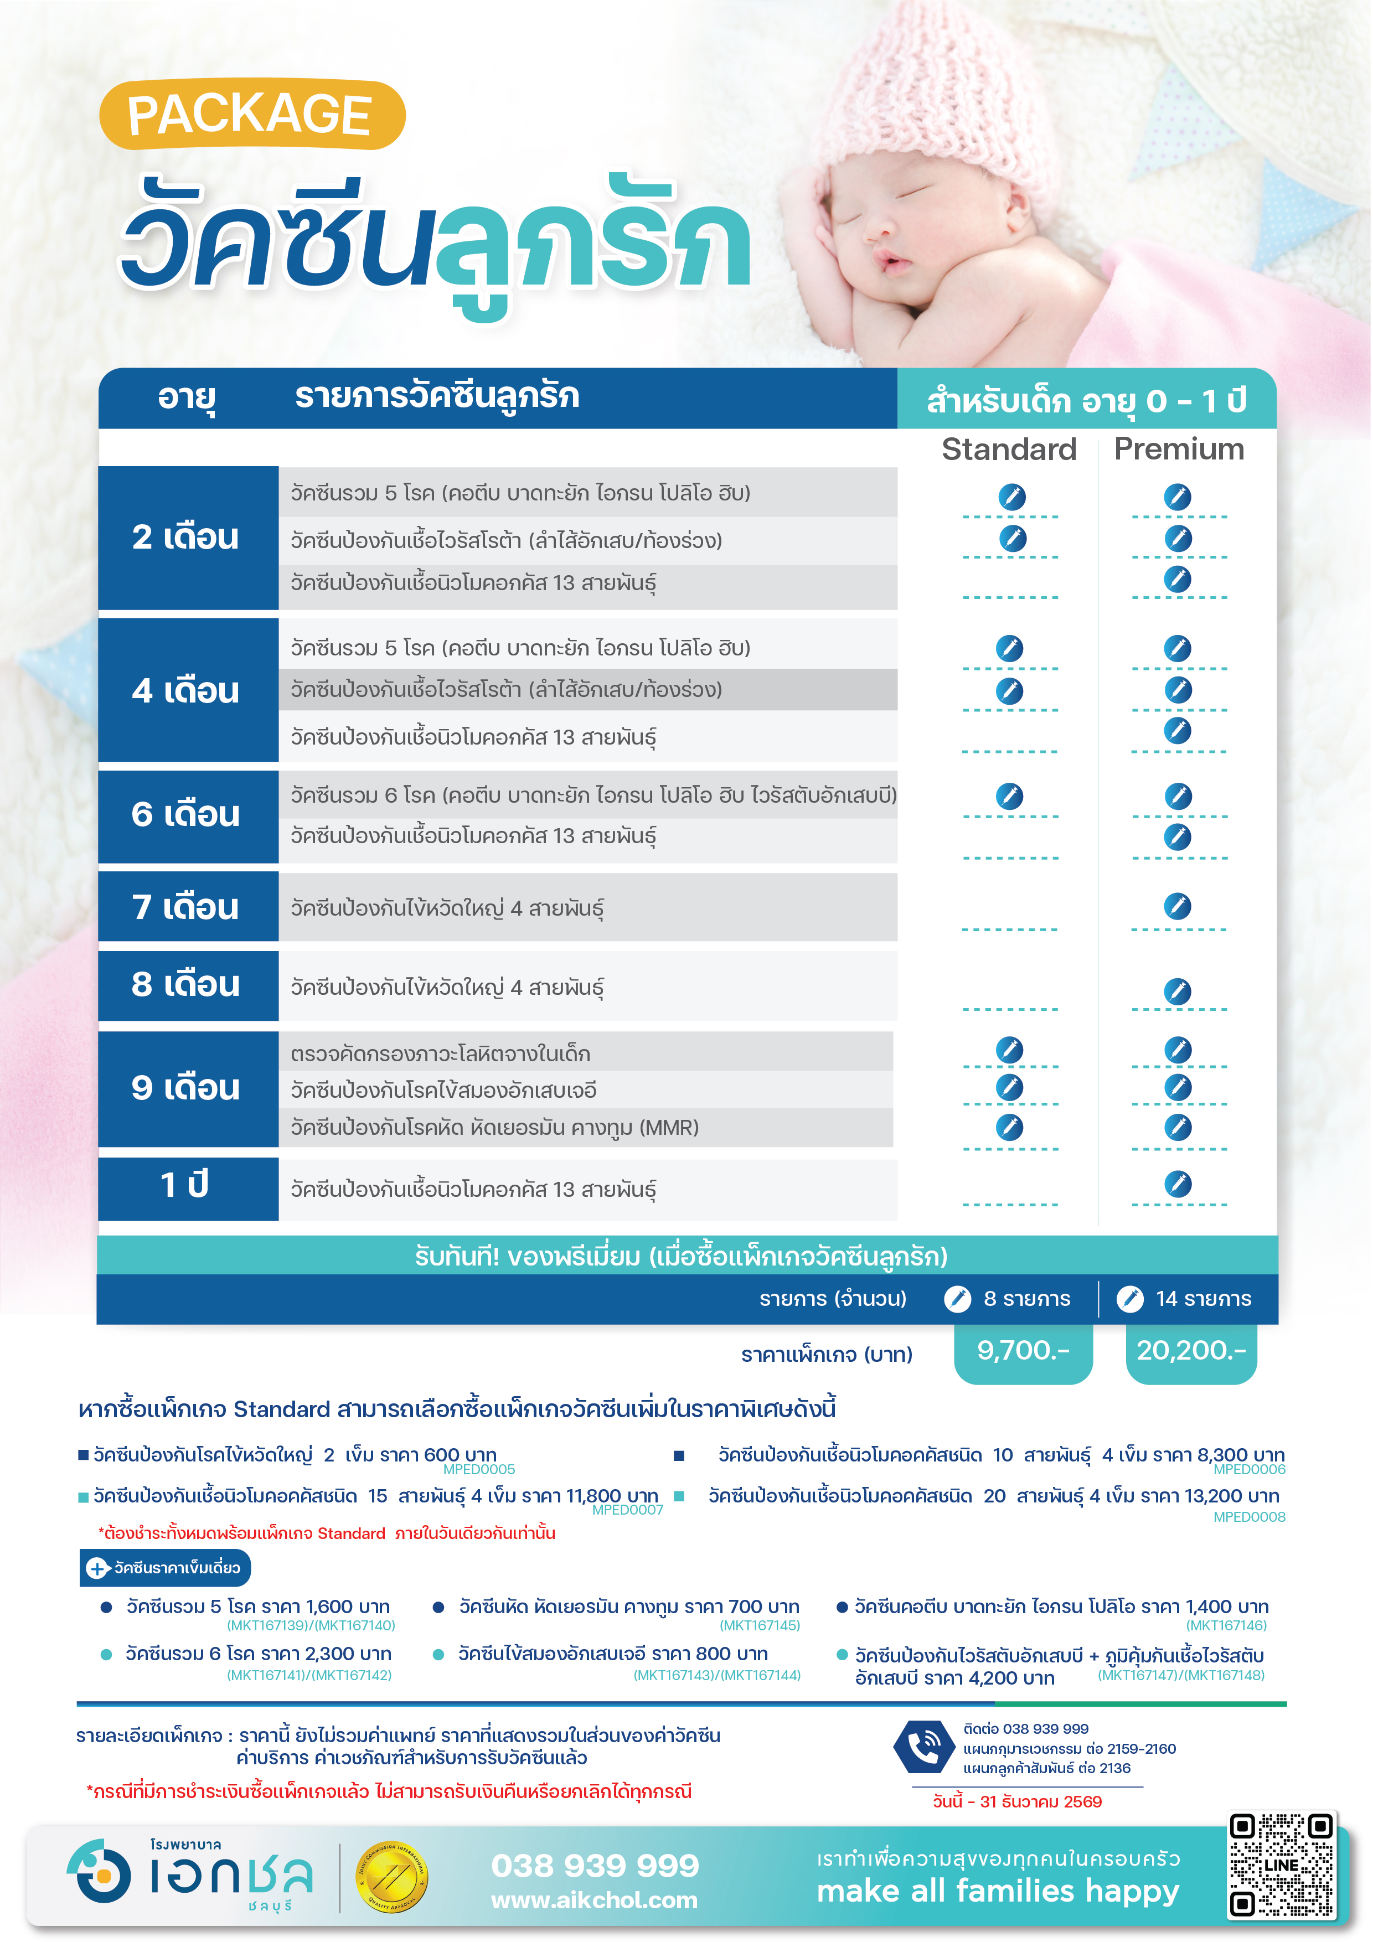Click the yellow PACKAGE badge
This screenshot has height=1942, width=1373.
point(251,114)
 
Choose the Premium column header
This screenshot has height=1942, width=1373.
point(1179,449)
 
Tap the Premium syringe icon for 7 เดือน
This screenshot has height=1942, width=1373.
point(1178,906)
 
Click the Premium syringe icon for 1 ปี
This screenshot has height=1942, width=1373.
point(1178,1183)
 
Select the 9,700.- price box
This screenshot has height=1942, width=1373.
point(1023,1351)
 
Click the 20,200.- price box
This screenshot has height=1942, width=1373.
point(1190,1351)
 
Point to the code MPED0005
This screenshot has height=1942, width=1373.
point(479,1470)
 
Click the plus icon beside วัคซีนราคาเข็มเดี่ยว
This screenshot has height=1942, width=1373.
point(98,1568)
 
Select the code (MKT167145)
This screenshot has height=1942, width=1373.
point(760,1626)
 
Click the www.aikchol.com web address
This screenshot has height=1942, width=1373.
point(594,1900)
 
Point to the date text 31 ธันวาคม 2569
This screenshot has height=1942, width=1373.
point(1040,1801)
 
